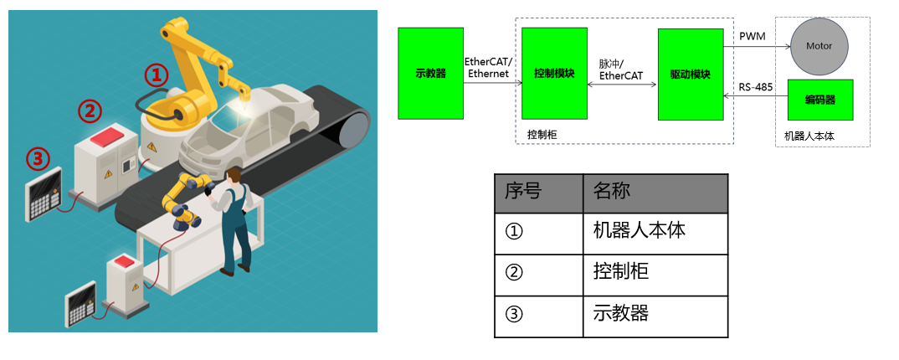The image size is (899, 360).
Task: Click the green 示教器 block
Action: [431, 73]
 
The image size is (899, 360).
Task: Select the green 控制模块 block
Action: [554, 73]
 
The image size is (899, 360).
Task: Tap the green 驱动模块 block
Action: [691, 74]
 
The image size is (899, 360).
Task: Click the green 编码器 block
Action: [820, 100]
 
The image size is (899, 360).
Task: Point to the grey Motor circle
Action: [819, 46]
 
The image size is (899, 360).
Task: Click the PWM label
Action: [752, 36]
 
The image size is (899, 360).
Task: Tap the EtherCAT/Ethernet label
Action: [489, 68]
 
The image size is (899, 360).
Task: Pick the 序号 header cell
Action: [537, 192]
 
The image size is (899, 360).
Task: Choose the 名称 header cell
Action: [655, 192]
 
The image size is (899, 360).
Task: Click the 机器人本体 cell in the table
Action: [655, 231]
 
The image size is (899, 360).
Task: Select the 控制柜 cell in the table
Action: [655, 273]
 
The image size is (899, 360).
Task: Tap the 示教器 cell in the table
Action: [655, 315]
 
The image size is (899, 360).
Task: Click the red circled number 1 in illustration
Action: [157, 75]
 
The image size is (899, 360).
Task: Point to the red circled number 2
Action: [90, 110]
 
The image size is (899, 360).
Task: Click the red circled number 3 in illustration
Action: [37, 157]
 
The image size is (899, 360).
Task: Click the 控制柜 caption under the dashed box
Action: [542, 133]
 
